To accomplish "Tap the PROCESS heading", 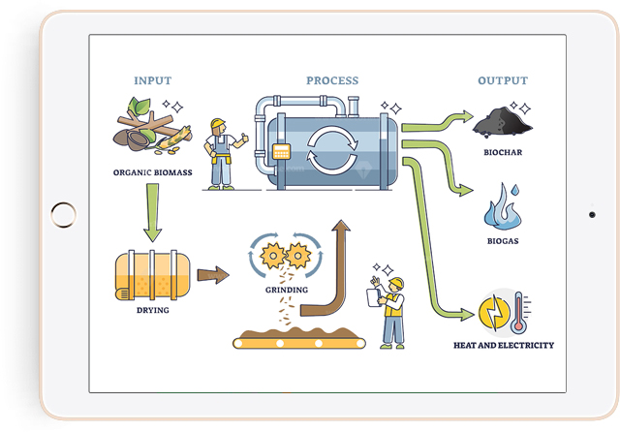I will [332, 80].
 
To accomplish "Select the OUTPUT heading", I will [502, 80].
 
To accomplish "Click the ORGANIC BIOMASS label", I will [151, 175].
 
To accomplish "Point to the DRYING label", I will [152, 311].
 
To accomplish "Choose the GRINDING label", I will [285, 290].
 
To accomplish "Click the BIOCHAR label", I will [502, 152].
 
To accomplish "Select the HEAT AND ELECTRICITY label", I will [504, 345].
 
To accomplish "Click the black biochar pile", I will [501, 123].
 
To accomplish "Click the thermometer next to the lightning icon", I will [518, 310].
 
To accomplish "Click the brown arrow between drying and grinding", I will [212, 275].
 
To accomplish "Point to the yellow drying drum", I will [151, 275].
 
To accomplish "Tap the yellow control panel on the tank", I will [283, 151].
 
